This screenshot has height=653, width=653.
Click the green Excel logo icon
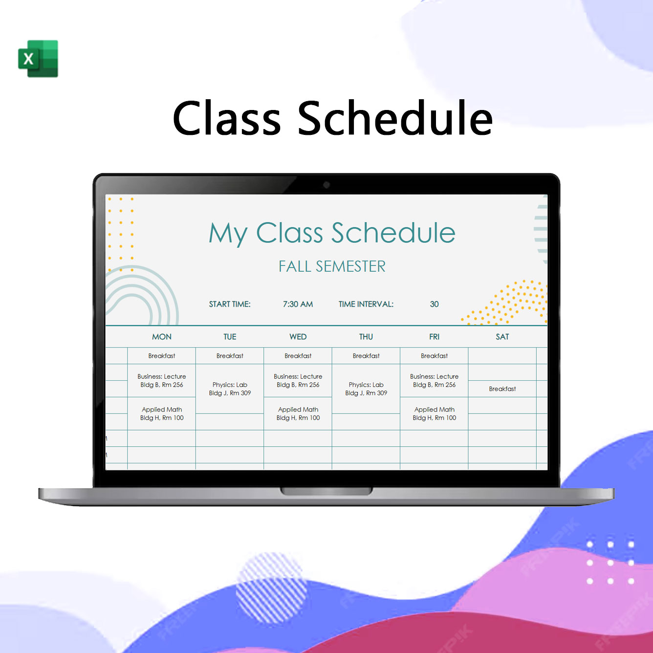pyautogui.click(x=38, y=59)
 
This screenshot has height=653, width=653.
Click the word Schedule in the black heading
pyautogui.click(x=395, y=118)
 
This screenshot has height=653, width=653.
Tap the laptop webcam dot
pyautogui.click(x=326, y=185)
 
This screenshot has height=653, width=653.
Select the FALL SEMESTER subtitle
pyautogui.click(x=332, y=266)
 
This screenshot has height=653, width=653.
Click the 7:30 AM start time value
pyautogui.click(x=298, y=304)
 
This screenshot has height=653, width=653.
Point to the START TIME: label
pyautogui.click(x=229, y=304)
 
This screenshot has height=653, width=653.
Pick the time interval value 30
pyautogui.click(x=434, y=304)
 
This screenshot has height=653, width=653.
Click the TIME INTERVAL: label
pyautogui.click(x=366, y=304)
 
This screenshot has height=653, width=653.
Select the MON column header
pyautogui.click(x=162, y=336)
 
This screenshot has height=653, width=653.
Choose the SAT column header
pyautogui.click(x=502, y=336)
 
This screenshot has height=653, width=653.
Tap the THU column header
pyautogui.click(x=366, y=336)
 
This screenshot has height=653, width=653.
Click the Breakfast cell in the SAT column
pyautogui.click(x=502, y=389)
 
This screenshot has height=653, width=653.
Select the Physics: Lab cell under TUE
pyautogui.click(x=230, y=389)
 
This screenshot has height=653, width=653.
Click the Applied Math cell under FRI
pyautogui.click(x=434, y=414)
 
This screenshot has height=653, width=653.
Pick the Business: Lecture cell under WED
pyautogui.click(x=298, y=381)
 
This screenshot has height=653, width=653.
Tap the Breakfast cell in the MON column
pyautogui.click(x=162, y=356)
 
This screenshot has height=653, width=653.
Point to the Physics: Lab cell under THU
pyautogui.click(x=366, y=389)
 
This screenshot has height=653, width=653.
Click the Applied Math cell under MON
pyautogui.click(x=162, y=414)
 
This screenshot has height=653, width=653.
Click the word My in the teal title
pyautogui.click(x=228, y=233)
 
